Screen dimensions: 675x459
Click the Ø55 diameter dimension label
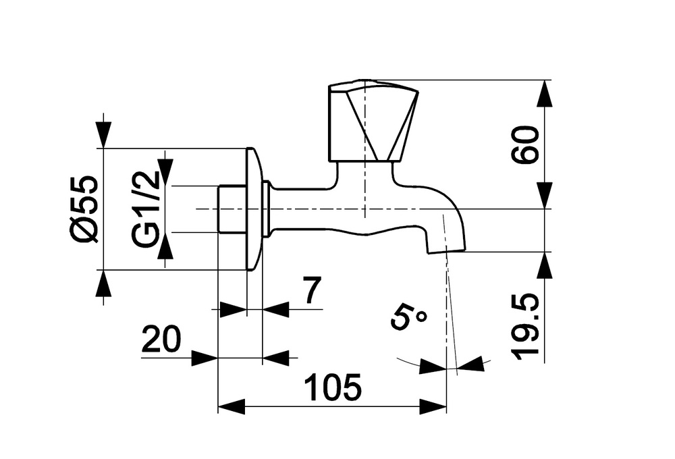pyautogui.click(x=84, y=209)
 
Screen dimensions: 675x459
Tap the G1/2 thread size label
pyautogui.click(x=146, y=209)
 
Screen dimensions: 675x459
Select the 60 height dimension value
pyautogui.click(x=525, y=144)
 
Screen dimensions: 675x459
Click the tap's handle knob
pyautogui.click(x=373, y=121)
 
